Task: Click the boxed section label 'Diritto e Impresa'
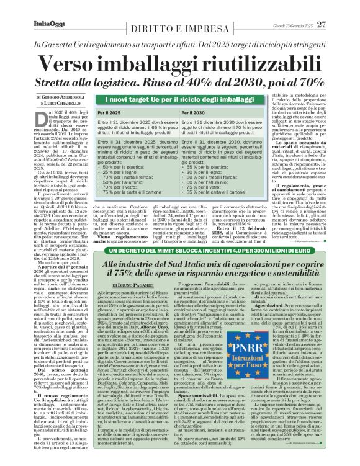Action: point(179,20)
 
